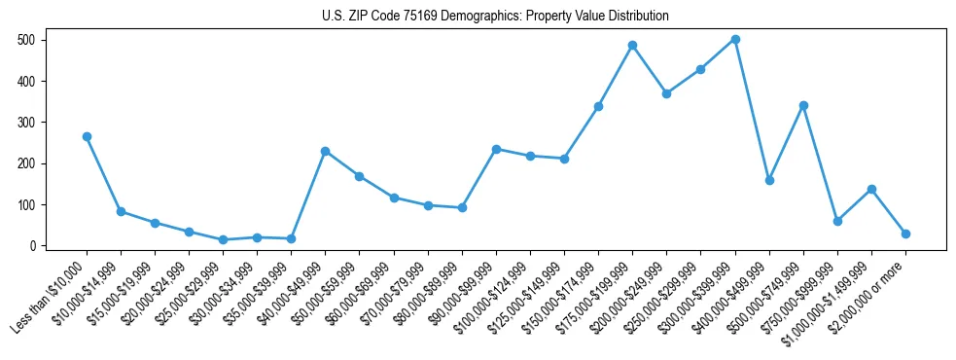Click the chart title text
[x=495, y=17]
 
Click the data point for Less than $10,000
[x=87, y=137]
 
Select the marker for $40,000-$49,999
[x=325, y=151]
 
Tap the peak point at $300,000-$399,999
[x=735, y=39]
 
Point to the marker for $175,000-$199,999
[x=632, y=45]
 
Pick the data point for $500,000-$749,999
[x=803, y=105]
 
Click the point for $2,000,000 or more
[x=905, y=234]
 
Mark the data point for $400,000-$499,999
[x=769, y=180]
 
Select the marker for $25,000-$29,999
[x=223, y=239]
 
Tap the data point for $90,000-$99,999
[x=496, y=149]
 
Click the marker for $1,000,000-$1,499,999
[x=871, y=189]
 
